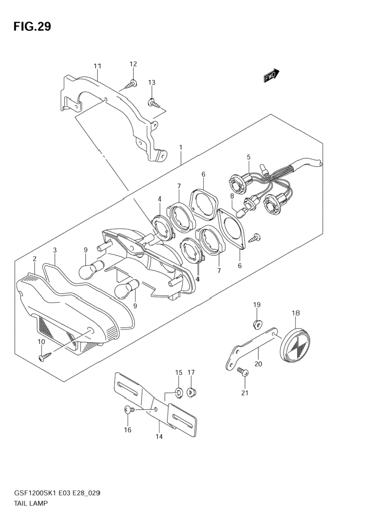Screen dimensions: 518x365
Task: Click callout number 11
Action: click(97, 66)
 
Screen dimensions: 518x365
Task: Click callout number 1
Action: click(180, 147)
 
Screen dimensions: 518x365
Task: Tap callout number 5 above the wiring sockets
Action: click(249, 157)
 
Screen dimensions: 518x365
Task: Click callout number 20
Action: click(258, 363)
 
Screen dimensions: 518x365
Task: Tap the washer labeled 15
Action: click(179, 393)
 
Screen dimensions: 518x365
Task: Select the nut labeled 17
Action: click(190, 393)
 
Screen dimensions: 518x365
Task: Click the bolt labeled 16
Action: click(129, 410)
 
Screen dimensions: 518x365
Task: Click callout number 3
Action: click(55, 250)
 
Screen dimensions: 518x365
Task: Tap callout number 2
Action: click(34, 258)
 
